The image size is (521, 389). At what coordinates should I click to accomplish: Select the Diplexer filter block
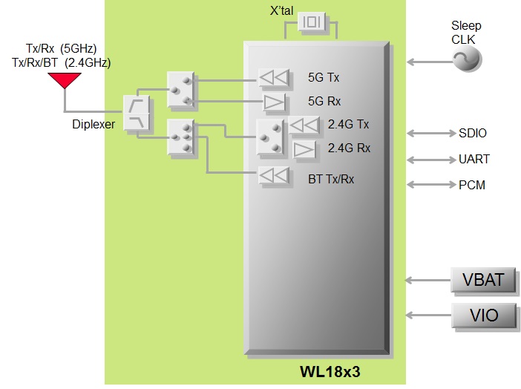coord(138,114)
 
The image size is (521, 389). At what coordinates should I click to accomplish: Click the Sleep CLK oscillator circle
coord(468,59)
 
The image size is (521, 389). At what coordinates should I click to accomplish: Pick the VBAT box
coord(484,281)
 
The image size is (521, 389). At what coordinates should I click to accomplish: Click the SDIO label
coord(473,134)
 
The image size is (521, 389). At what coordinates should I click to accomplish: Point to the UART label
coord(474,159)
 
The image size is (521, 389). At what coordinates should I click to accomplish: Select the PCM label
coord(472,184)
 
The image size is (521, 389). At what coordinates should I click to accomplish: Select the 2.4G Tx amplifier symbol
coord(304,125)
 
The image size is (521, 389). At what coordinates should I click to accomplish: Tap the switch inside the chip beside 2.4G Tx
coord(270,138)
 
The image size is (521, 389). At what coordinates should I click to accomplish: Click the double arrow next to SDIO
coord(427,134)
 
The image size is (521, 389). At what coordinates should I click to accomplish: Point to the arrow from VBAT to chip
coord(427,281)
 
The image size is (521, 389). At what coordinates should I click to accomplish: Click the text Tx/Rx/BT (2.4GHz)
coord(61,63)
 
